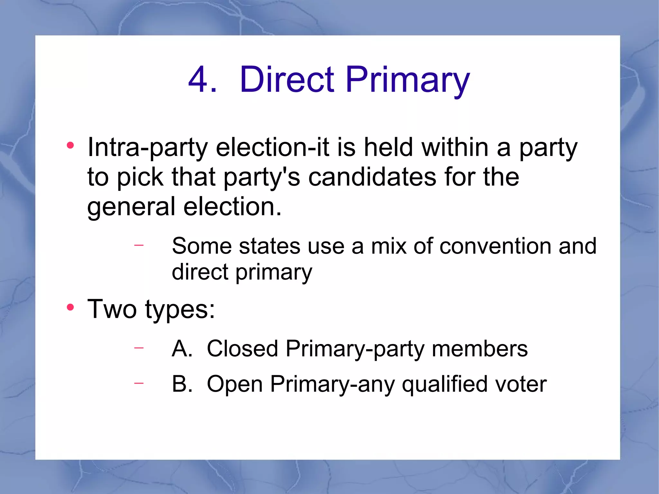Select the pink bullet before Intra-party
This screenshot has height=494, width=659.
click(x=70, y=145)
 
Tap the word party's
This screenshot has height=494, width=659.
click(x=262, y=177)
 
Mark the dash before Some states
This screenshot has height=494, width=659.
click(x=139, y=245)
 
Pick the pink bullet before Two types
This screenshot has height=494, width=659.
click(x=70, y=307)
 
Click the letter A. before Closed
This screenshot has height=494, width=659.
click(x=182, y=349)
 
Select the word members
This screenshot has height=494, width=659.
click(x=479, y=349)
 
